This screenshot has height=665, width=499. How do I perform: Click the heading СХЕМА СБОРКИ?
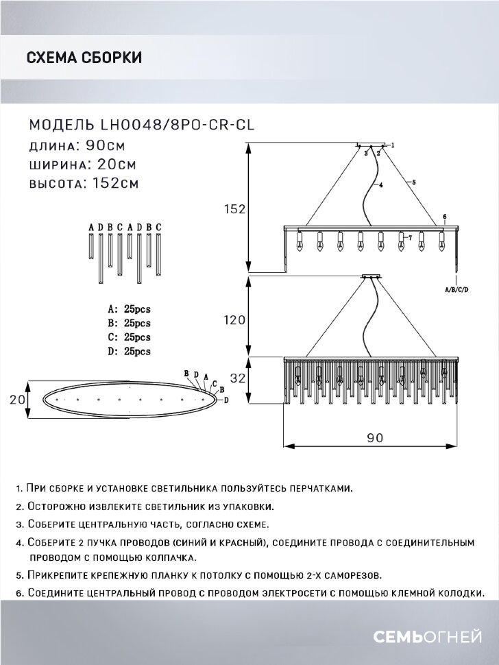point(84,58)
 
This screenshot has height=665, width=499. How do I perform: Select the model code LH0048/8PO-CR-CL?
point(182,125)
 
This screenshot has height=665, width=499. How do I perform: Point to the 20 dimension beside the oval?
point(19,399)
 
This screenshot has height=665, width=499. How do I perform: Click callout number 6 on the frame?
point(444,217)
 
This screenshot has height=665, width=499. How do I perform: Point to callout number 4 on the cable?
point(380,185)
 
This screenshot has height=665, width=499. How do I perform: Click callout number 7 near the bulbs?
point(409,237)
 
